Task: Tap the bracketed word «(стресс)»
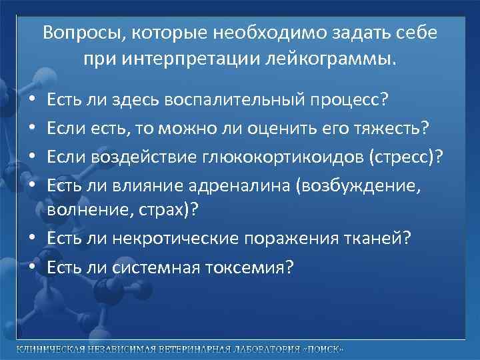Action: pyautogui.click(x=404, y=156)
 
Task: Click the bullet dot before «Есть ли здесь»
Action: pyautogui.click(x=33, y=101)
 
